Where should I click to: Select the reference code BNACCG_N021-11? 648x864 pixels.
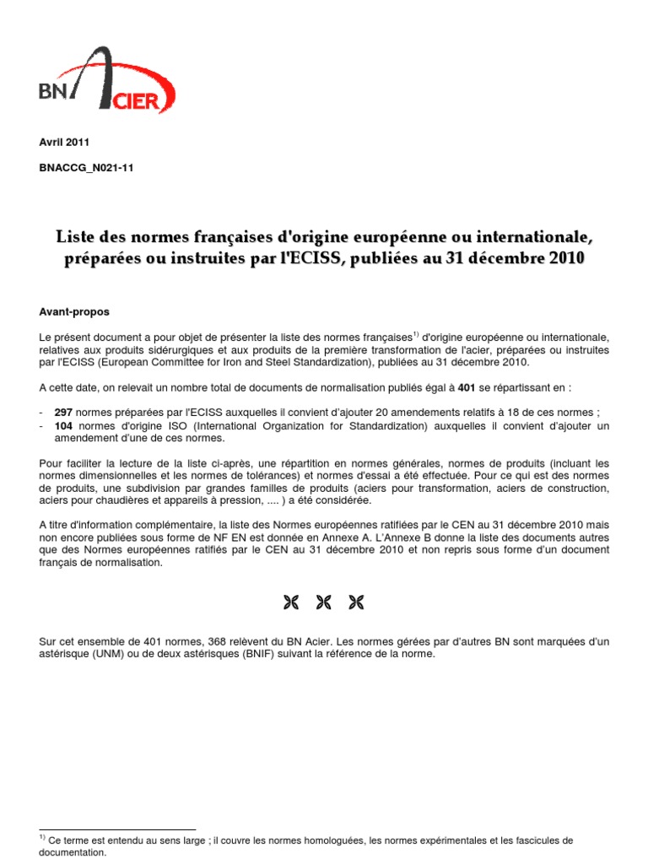coord(86,168)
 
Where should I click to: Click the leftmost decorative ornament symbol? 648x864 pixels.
coord(292,602)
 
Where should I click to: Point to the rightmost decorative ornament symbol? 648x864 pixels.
coord(356,602)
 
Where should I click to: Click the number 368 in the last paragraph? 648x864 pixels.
coord(217,642)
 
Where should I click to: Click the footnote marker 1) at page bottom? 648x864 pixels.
coord(43,839)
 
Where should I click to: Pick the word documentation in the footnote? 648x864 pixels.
coord(73,853)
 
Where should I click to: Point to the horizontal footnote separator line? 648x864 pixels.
coord(117,829)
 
